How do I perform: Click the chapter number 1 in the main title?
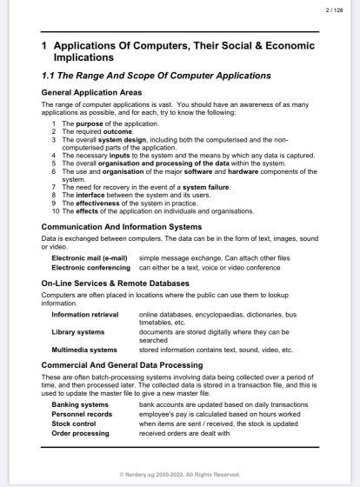[44, 44]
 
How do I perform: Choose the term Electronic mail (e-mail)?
[90, 258]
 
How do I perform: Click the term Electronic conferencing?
[91, 266]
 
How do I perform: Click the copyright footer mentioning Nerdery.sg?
[180, 474]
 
